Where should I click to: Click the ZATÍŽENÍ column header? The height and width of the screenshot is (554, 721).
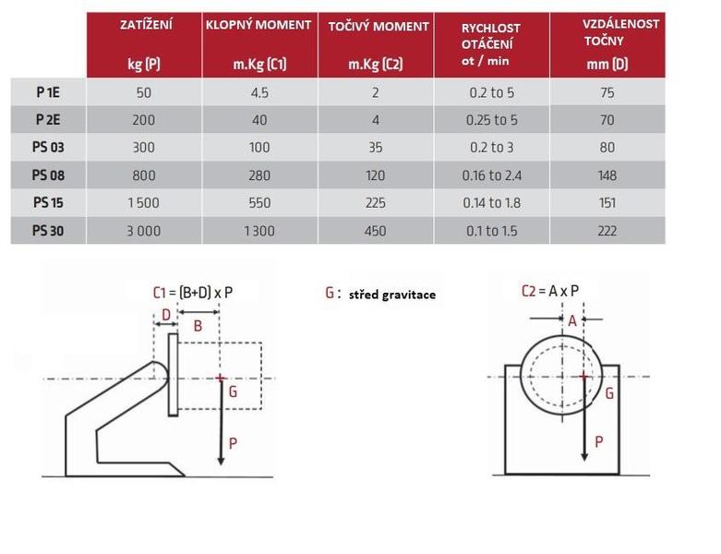tap(146, 24)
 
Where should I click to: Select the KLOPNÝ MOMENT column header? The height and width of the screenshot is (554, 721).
tap(258, 25)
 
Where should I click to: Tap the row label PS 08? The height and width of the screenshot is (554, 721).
tap(48, 175)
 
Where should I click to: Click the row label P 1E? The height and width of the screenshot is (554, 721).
tap(48, 92)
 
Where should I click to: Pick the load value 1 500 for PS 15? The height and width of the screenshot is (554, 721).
tap(143, 203)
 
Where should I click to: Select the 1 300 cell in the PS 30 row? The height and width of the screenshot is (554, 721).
tap(259, 231)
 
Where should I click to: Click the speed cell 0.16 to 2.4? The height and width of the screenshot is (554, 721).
tap(491, 175)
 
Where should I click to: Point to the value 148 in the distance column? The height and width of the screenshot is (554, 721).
tap(607, 175)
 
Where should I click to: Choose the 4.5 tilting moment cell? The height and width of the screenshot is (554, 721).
tap(259, 92)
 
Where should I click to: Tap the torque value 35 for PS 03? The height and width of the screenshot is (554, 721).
tap(375, 147)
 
